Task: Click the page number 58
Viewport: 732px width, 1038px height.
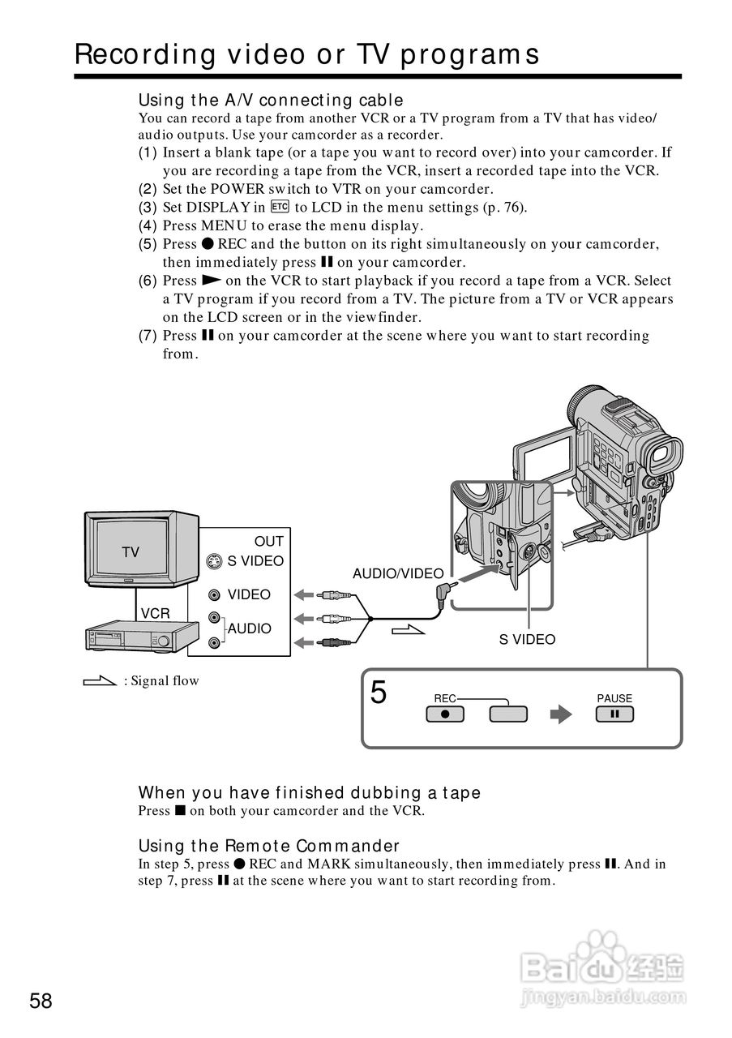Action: pos(41,1001)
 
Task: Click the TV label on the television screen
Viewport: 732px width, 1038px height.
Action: pos(131,552)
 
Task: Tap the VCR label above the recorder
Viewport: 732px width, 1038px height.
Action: pos(156,614)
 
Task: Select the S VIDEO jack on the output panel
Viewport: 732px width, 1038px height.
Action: pos(214,561)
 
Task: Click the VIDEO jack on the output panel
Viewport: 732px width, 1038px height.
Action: pos(214,595)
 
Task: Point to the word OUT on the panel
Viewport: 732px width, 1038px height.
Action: pos(269,542)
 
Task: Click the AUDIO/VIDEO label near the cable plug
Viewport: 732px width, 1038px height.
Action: pos(398,574)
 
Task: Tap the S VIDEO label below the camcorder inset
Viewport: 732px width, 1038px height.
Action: pos(527,640)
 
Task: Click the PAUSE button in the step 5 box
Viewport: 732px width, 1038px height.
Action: pos(614,714)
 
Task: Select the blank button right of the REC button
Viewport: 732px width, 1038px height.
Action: pos(508,714)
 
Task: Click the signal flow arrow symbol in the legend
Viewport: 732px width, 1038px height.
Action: pos(100,681)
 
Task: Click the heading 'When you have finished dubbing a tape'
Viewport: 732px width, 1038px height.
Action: pos(310,792)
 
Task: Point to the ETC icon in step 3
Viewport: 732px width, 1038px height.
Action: pos(280,207)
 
